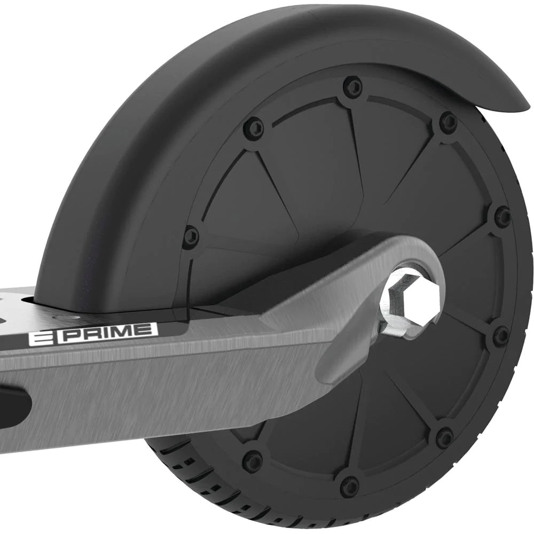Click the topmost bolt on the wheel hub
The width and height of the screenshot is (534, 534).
click(x=352, y=85)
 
